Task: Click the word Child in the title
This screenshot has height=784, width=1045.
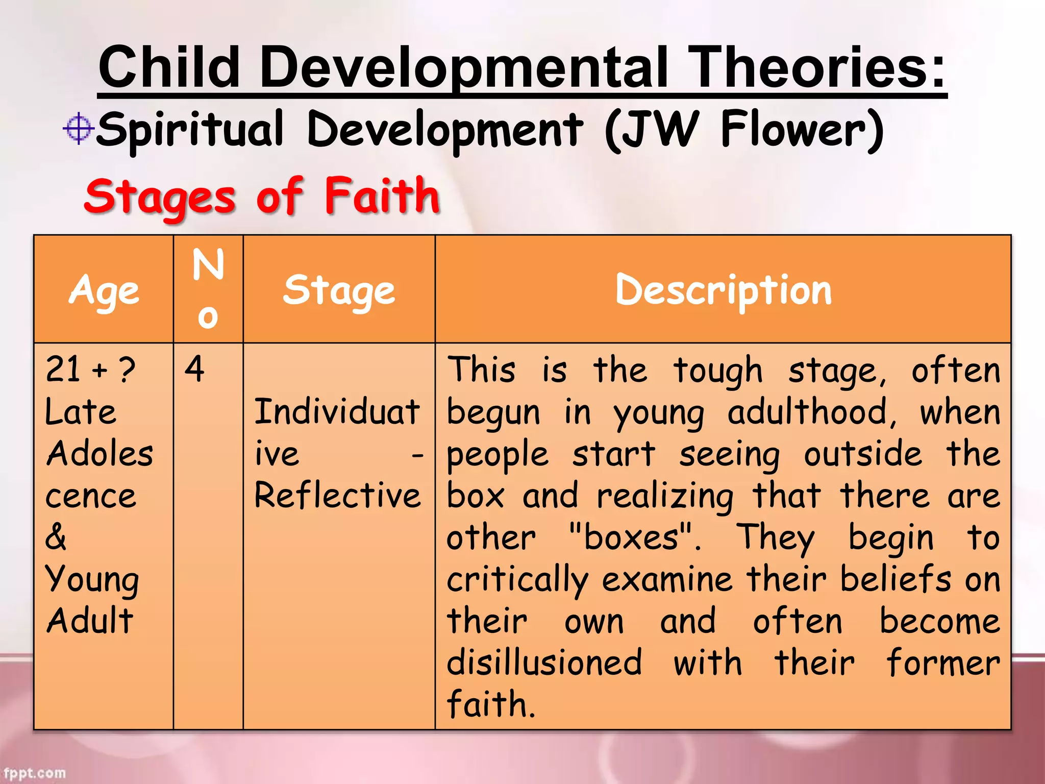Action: (x=169, y=67)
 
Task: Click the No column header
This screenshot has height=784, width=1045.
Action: (x=208, y=288)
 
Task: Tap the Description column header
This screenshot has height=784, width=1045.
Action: (x=723, y=290)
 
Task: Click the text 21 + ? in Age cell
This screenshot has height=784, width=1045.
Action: (x=90, y=369)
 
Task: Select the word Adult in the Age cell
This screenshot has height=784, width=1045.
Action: (x=90, y=621)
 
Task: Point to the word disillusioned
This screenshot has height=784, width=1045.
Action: (x=544, y=663)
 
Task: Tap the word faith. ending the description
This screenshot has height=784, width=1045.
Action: (x=490, y=704)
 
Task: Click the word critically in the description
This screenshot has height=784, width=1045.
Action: (x=517, y=580)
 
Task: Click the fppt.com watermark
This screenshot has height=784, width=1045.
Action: (x=35, y=773)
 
